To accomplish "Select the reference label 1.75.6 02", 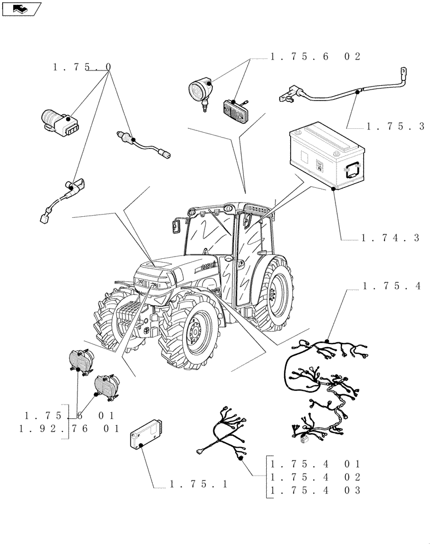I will pyautogui.click(x=315, y=57).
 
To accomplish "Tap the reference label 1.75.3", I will pyautogui.click(x=395, y=126).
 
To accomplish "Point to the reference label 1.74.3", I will pyautogui.click(x=390, y=238).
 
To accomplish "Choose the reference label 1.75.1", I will pyautogui.click(x=198, y=484).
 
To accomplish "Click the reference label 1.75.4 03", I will pyautogui.click(x=315, y=490).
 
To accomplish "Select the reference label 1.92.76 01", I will pyautogui.click(x=69, y=429).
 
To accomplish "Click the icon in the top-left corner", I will pyautogui.click(x=21, y=8).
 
